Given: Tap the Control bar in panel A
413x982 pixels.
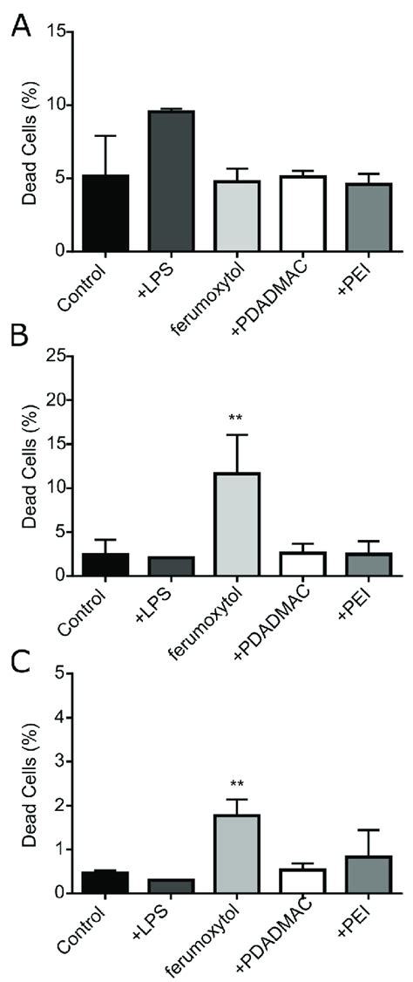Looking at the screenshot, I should coord(105,214).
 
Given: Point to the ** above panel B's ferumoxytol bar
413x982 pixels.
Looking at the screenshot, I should coord(235,419).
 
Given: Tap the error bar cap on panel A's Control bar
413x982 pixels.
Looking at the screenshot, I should coord(105,136).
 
